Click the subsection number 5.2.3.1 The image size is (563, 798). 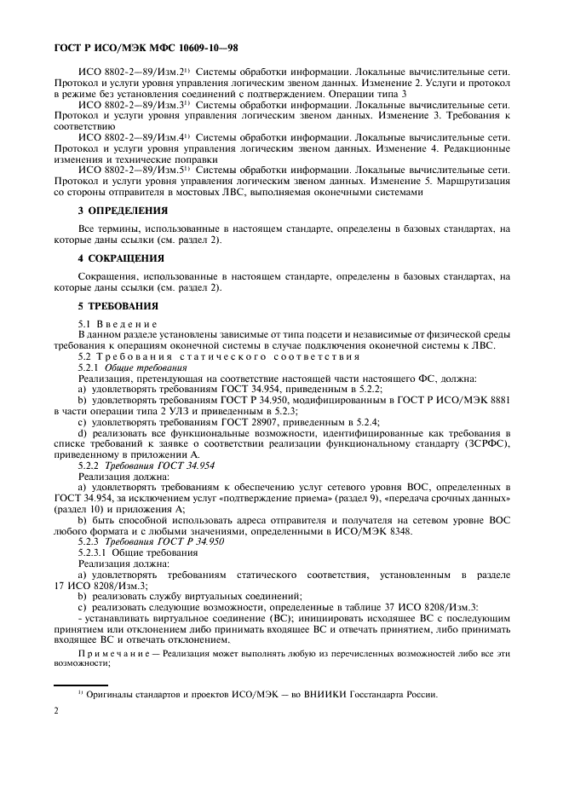pos(95,552)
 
